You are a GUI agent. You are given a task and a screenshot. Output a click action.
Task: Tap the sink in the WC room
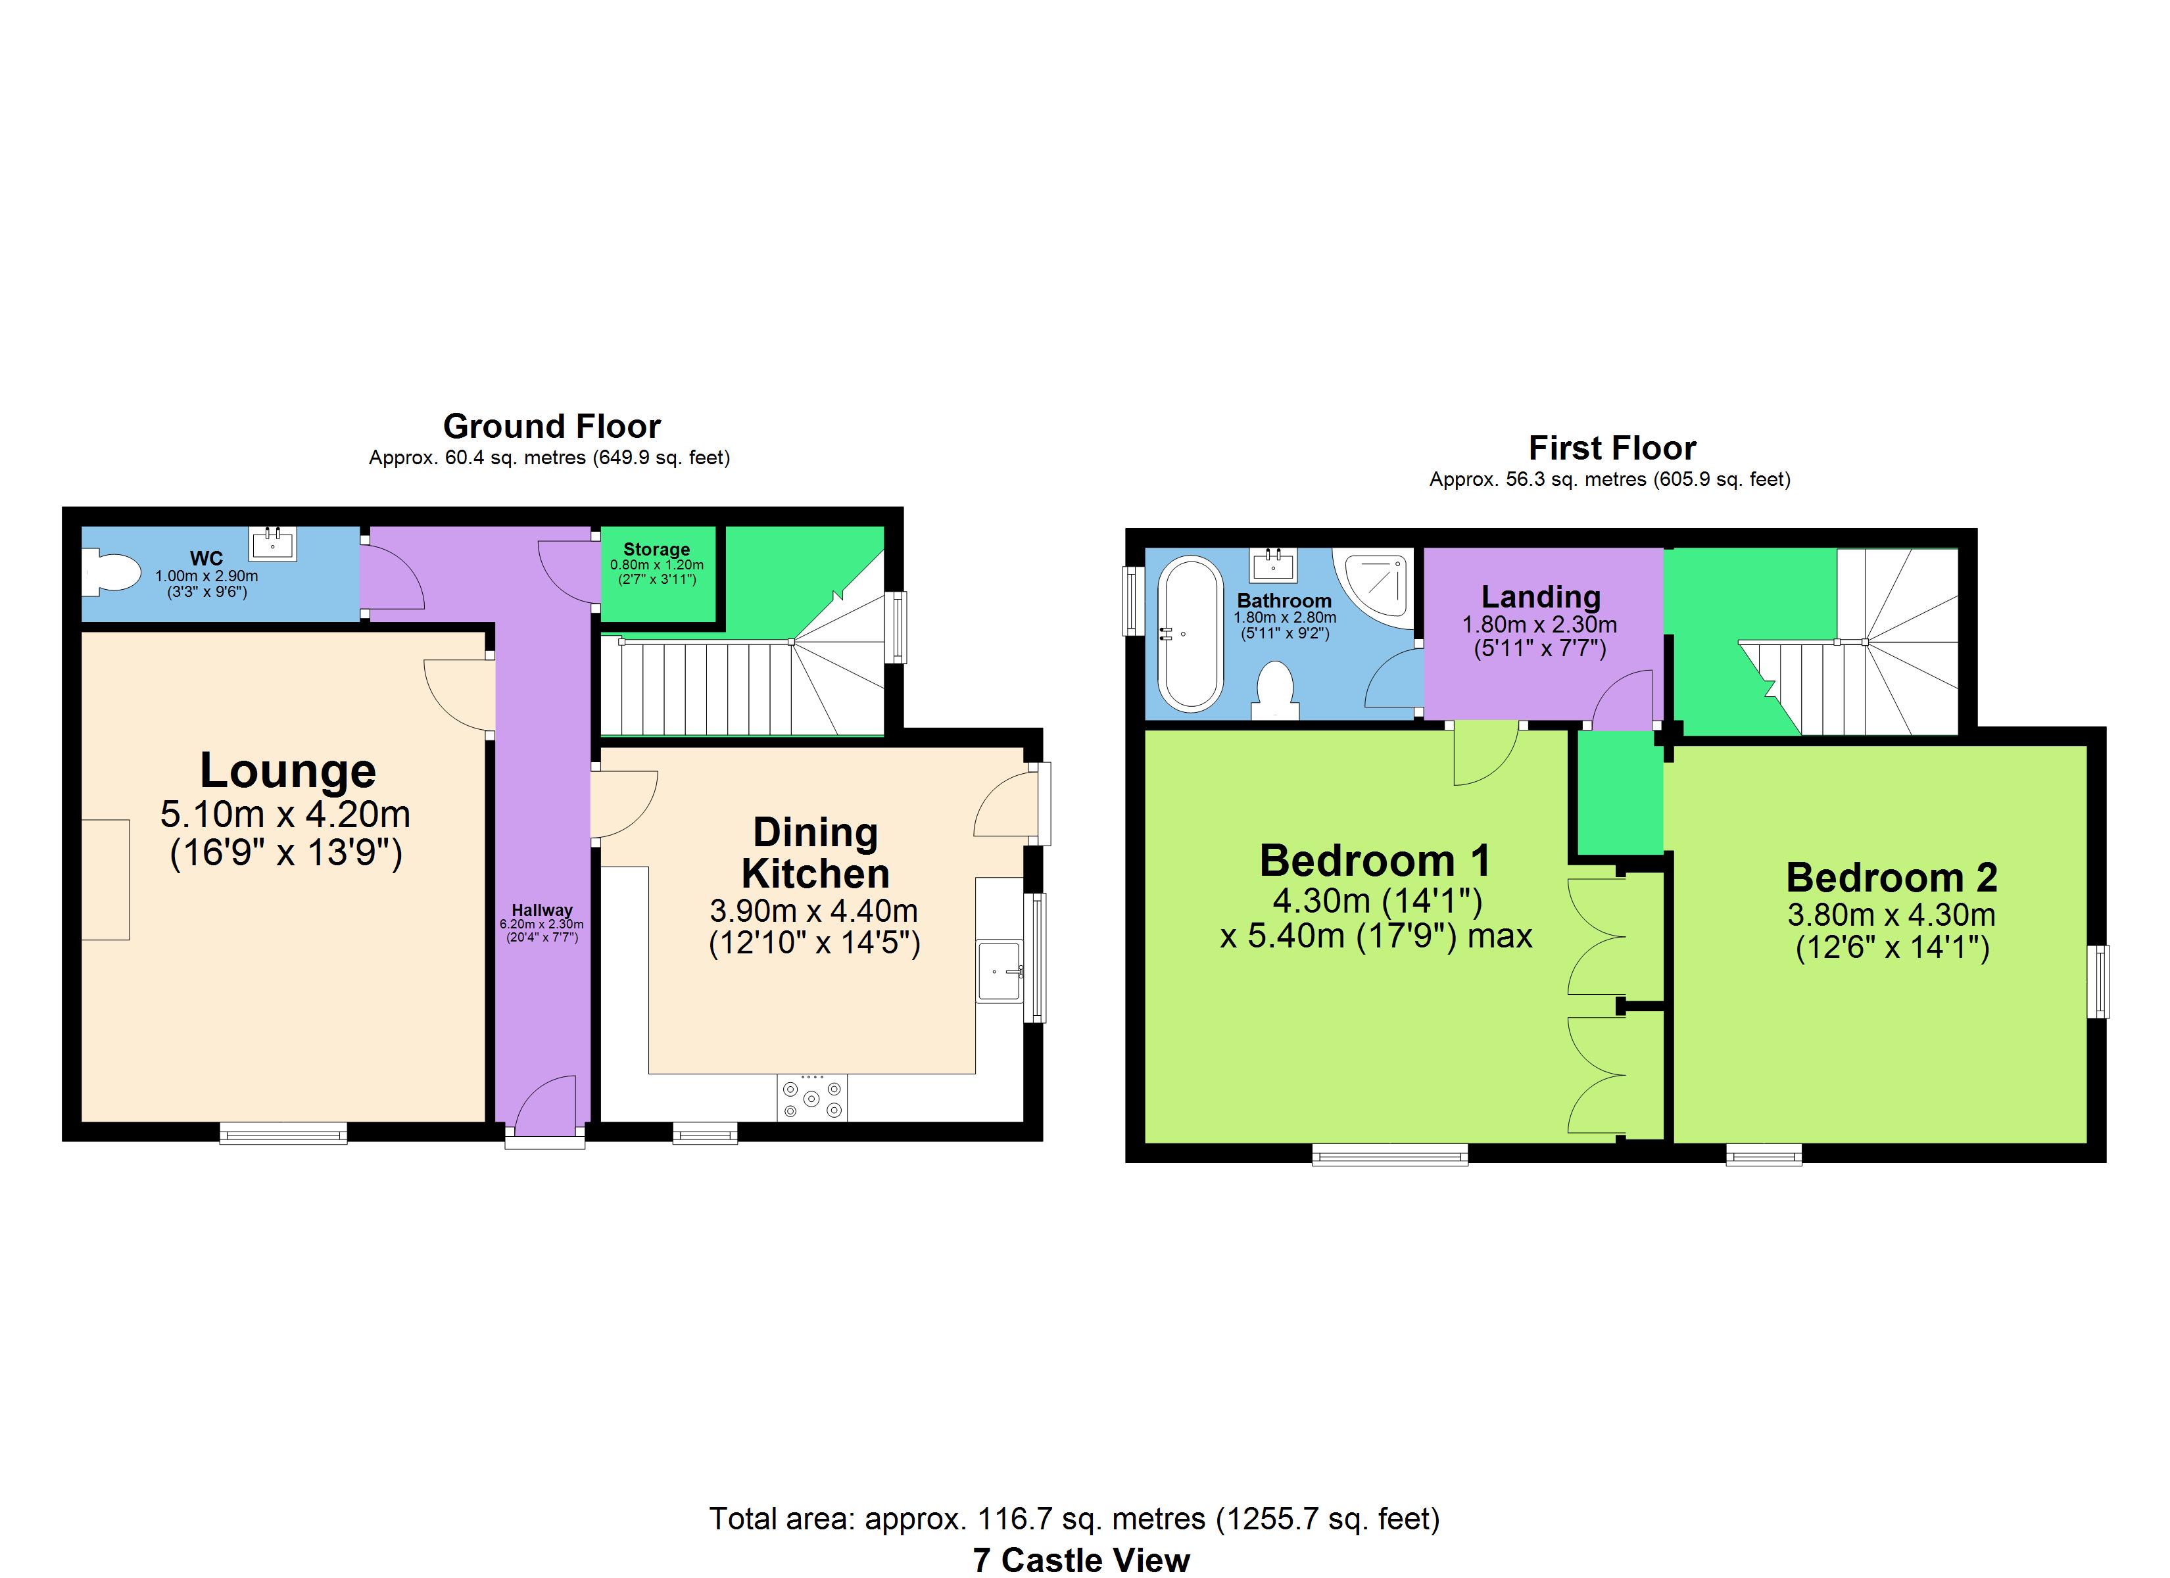(x=273, y=544)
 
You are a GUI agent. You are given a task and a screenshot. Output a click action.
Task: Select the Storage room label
(x=656, y=549)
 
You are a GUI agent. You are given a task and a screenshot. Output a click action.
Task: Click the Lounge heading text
(x=288, y=771)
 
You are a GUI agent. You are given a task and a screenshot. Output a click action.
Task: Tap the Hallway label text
(x=542, y=910)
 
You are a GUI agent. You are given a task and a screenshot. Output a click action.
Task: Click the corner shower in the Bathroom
(x=1375, y=584)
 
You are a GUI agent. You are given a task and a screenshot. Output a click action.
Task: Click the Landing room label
(x=1541, y=597)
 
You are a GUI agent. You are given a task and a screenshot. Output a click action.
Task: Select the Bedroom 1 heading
(x=1375, y=860)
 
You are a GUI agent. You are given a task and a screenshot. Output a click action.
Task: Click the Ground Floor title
(x=552, y=426)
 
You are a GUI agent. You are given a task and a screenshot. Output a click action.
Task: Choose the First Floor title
(x=1612, y=448)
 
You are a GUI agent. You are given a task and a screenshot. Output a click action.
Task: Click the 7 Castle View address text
(x=1081, y=1560)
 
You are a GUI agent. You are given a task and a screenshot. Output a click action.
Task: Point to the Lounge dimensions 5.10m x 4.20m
(x=285, y=815)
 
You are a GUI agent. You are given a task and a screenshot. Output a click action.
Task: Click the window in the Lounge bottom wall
(x=283, y=1134)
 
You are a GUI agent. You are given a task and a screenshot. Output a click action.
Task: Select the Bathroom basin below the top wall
(x=1272, y=565)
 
